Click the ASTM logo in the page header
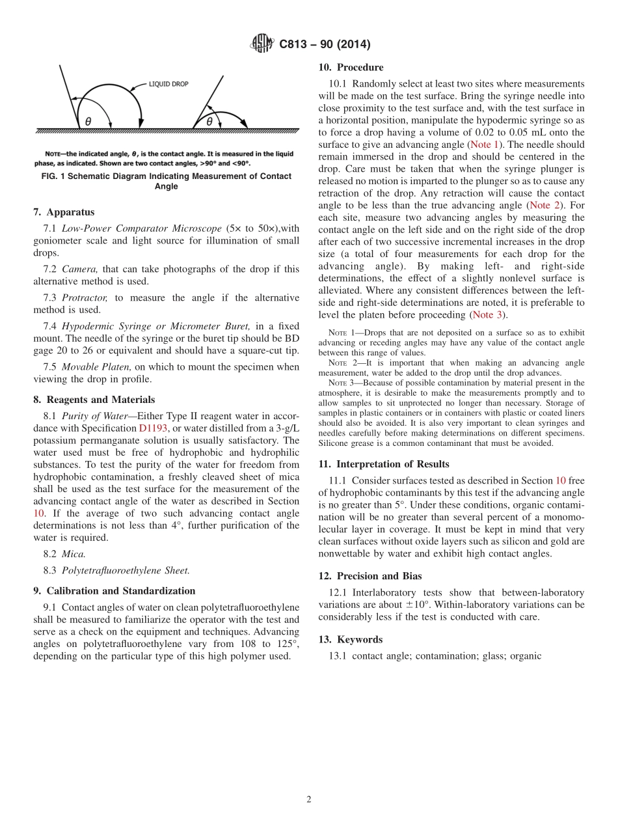262,44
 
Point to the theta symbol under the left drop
88,121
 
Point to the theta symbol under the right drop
209,121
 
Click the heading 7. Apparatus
64,212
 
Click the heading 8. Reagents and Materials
94,400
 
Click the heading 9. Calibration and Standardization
114,591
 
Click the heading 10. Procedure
351,67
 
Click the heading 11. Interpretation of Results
384,464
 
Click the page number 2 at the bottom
309,800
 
